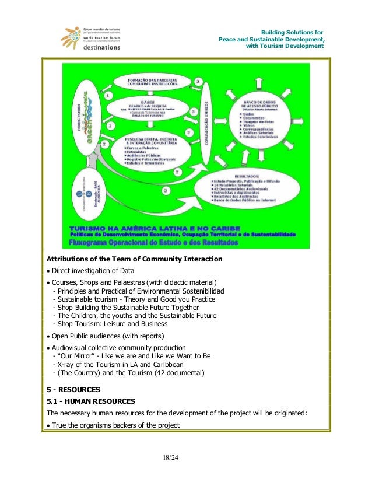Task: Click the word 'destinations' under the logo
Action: pyautogui.click(x=101, y=48)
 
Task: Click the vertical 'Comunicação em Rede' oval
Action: pyautogui.click(x=205, y=117)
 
